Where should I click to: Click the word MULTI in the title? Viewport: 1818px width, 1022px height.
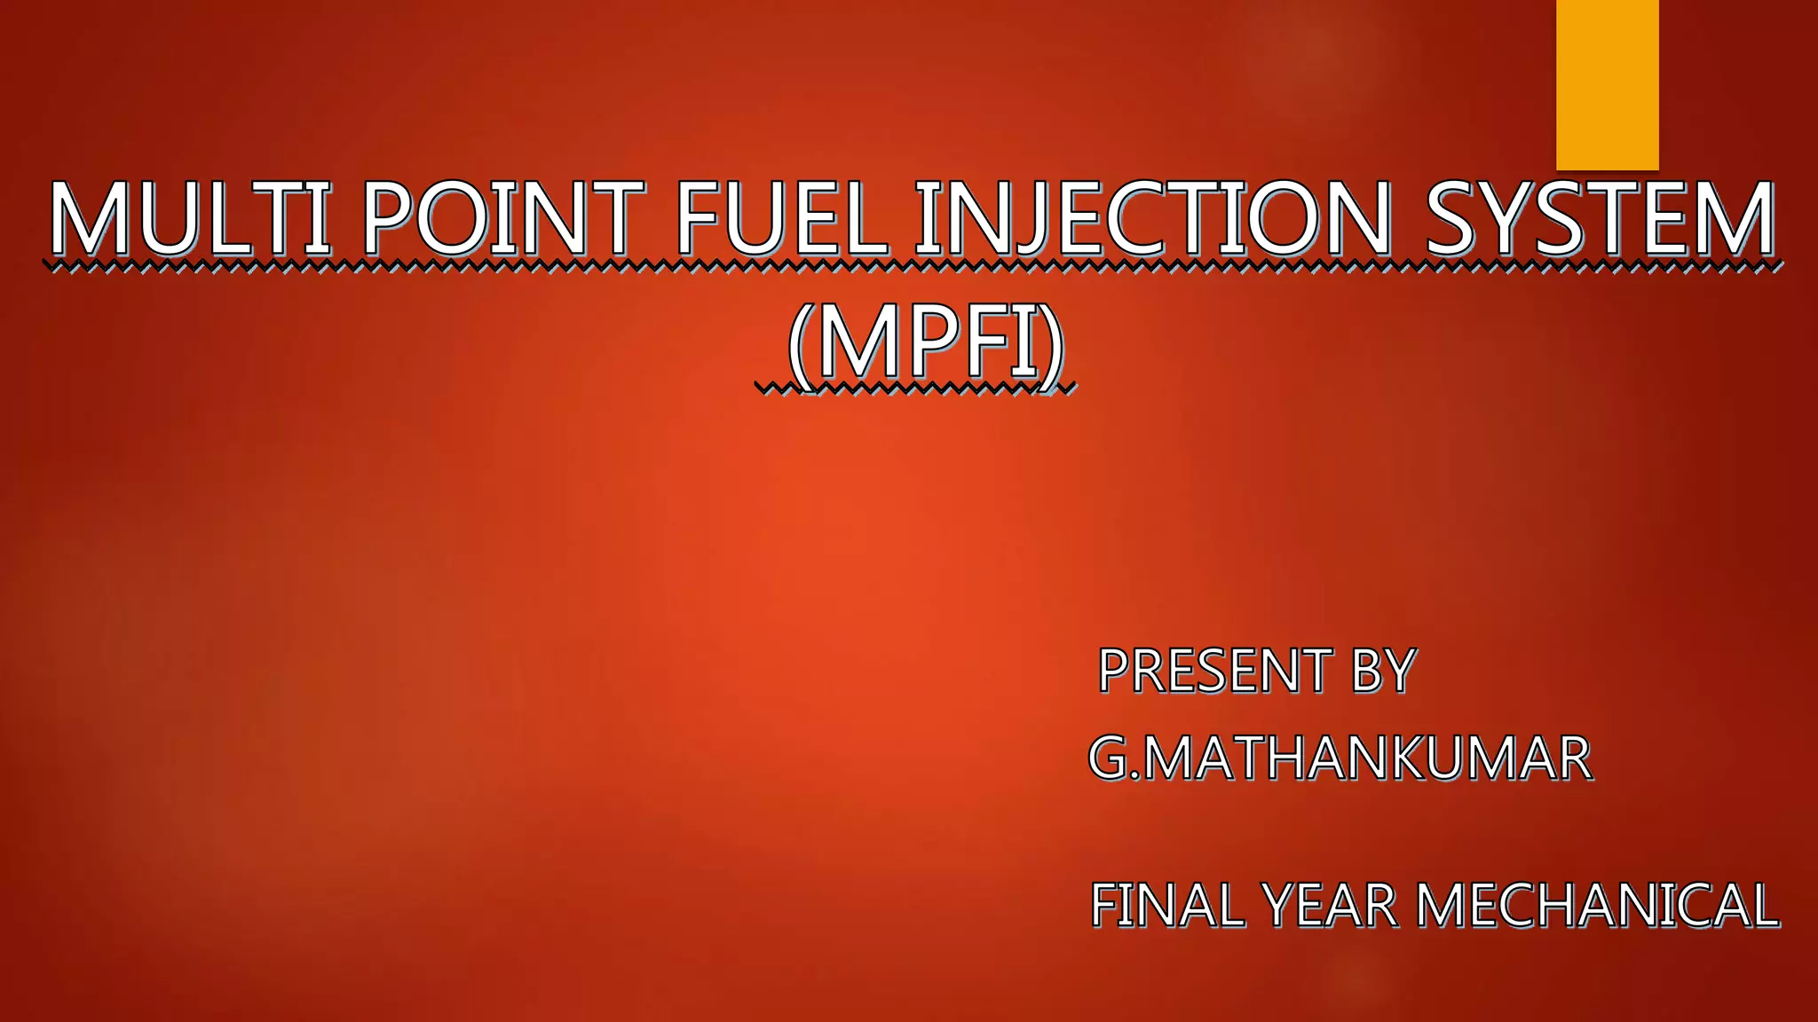tap(189, 217)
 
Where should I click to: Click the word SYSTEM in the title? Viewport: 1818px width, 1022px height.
tap(1601, 217)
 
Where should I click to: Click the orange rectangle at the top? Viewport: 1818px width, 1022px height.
tap(1607, 84)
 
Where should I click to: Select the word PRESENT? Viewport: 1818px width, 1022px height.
tap(1215, 671)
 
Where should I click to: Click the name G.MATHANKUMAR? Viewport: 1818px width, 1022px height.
tap(1340, 759)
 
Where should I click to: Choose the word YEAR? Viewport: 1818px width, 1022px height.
tap(1330, 906)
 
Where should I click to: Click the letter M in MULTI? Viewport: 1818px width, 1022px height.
tap(90, 217)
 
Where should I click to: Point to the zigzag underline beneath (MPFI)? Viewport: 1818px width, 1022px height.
tap(914, 388)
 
